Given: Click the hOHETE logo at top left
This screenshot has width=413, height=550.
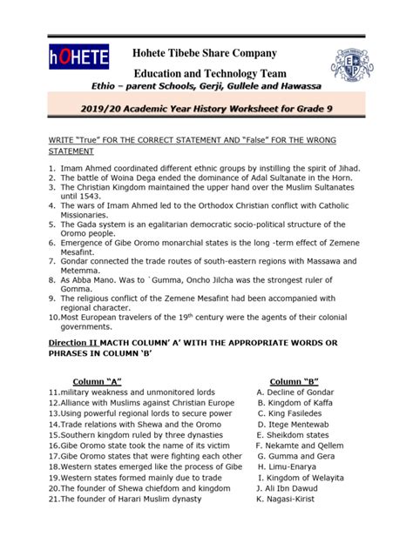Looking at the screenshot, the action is click(x=79, y=58).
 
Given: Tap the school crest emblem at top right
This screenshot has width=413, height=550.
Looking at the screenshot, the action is click(x=352, y=65).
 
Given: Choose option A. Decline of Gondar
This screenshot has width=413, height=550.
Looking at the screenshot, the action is click(x=296, y=392).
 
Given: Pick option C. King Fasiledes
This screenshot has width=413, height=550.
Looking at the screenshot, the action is click(x=292, y=413).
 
